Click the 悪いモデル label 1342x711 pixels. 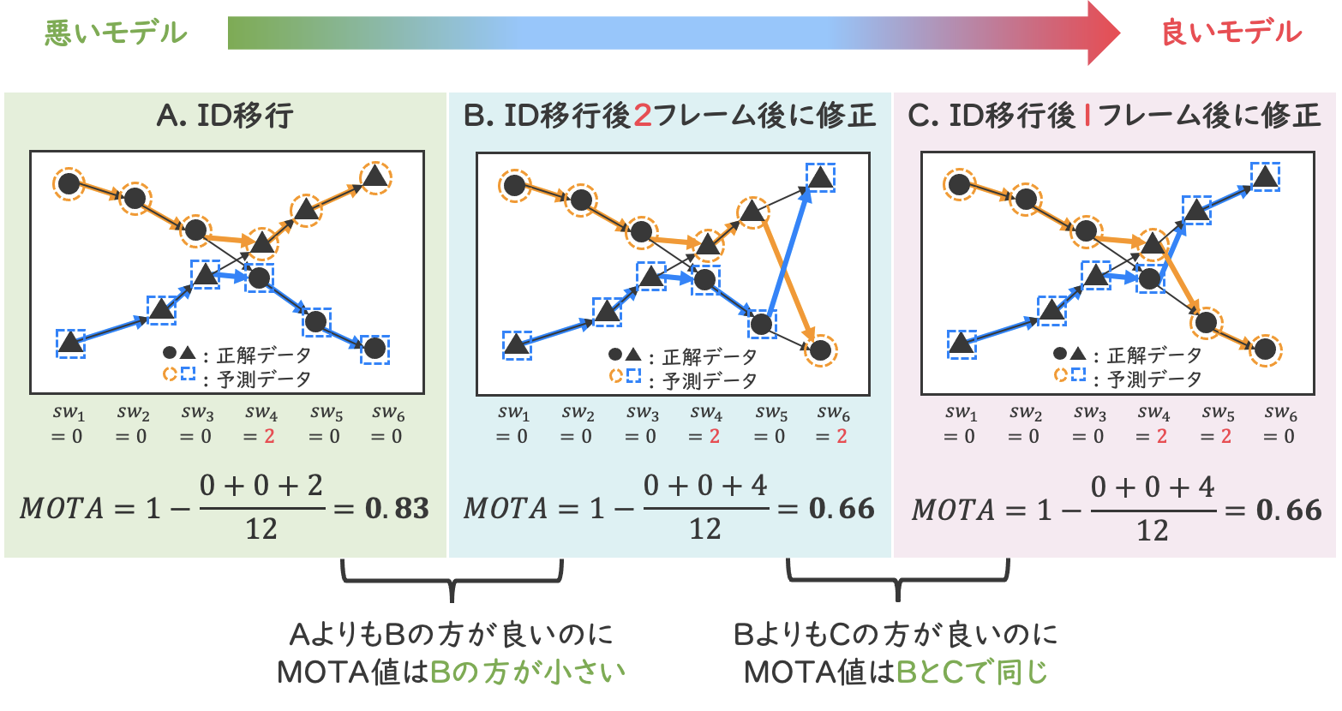pyautogui.click(x=115, y=34)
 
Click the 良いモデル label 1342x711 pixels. pyautogui.click(x=1231, y=34)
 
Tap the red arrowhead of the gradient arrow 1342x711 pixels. pyautogui.click(x=1104, y=33)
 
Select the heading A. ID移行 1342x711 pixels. pyautogui.click(x=225, y=117)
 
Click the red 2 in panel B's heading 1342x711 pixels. pyautogui.click(x=643, y=117)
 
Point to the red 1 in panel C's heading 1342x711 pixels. pyautogui.click(x=1087, y=117)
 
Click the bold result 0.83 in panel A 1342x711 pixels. pyautogui.click(x=397, y=508)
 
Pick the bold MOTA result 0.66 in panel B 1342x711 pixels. pyautogui.click(x=842, y=508)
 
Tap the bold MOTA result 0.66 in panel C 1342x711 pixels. pyautogui.click(x=1289, y=510)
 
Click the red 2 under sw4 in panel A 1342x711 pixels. pyautogui.click(x=269, y=436)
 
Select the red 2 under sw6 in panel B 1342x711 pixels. pyautogui.click(x=842, y=436)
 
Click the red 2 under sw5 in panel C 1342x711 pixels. pyautogui.click(x=1225, y=436)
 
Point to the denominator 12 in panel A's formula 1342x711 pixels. pyautogui.click(x=261, y=529)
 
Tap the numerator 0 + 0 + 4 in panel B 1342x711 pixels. pyautogui.click(x=705, y=486)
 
